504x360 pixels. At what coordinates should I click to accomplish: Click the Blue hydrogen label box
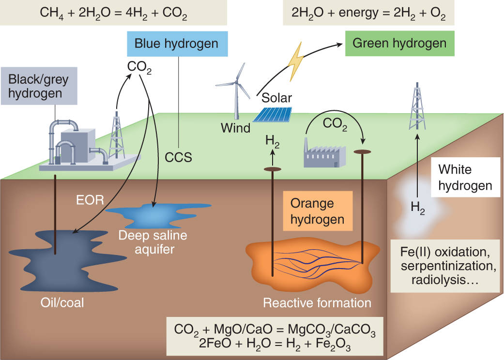pos(176,44)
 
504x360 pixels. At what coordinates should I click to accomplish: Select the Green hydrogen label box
pos(399,43)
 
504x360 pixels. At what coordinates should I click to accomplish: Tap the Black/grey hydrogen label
pos(38,86)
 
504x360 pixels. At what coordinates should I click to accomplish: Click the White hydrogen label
pos(465,178)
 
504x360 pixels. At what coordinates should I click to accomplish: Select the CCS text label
pos(178,157)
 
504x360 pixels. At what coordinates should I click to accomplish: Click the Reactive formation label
pos(317,303)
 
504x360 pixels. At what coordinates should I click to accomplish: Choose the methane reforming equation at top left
pos(114,13)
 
